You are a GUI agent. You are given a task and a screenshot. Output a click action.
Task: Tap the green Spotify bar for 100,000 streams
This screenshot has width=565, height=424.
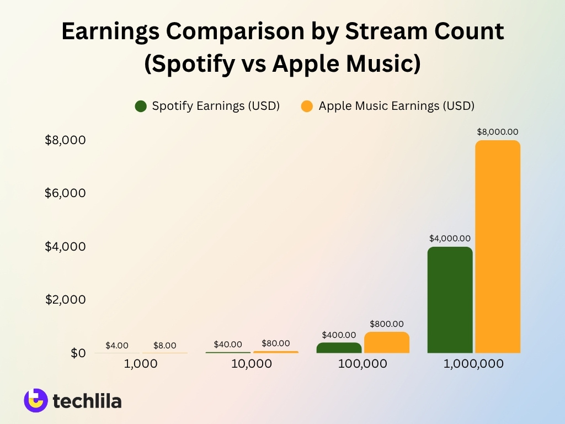[x=339, y=348]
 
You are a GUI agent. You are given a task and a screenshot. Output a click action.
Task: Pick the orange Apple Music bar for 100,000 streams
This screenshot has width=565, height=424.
[x=387, y=342]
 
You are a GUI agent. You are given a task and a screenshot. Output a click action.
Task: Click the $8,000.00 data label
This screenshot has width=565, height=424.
[x=498, y=132]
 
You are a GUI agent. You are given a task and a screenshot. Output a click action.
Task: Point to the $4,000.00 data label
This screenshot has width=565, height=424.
[x=450, y=239]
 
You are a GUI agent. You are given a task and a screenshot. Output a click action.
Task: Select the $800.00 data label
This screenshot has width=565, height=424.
[x=387, y=324]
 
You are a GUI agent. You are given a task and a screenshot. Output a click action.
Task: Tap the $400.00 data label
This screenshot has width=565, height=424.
[x=339, y=335]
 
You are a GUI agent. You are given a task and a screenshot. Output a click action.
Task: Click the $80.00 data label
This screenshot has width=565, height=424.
[x=275, y=343]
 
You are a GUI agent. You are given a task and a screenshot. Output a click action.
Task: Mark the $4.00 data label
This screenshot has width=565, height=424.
[x=117, y=346]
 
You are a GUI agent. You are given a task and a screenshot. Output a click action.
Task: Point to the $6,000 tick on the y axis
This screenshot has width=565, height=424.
[x=65, y=193]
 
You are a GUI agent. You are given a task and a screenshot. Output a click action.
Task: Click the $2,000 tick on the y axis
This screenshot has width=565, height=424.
[x=65, y=300]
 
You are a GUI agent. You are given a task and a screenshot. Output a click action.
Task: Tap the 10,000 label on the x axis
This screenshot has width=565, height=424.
[x=252, y=364]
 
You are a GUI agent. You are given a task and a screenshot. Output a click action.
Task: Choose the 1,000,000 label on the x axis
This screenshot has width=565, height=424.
[x=474, y=364]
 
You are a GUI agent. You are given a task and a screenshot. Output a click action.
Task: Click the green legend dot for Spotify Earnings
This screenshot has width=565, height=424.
[x=141, y=106]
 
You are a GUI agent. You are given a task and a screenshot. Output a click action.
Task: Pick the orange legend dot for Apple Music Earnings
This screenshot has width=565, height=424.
[x=307, y=106]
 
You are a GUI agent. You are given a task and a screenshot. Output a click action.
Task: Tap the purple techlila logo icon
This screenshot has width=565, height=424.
[x=36, y=400]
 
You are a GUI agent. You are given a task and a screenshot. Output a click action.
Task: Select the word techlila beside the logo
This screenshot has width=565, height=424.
[x=87, y=401]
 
